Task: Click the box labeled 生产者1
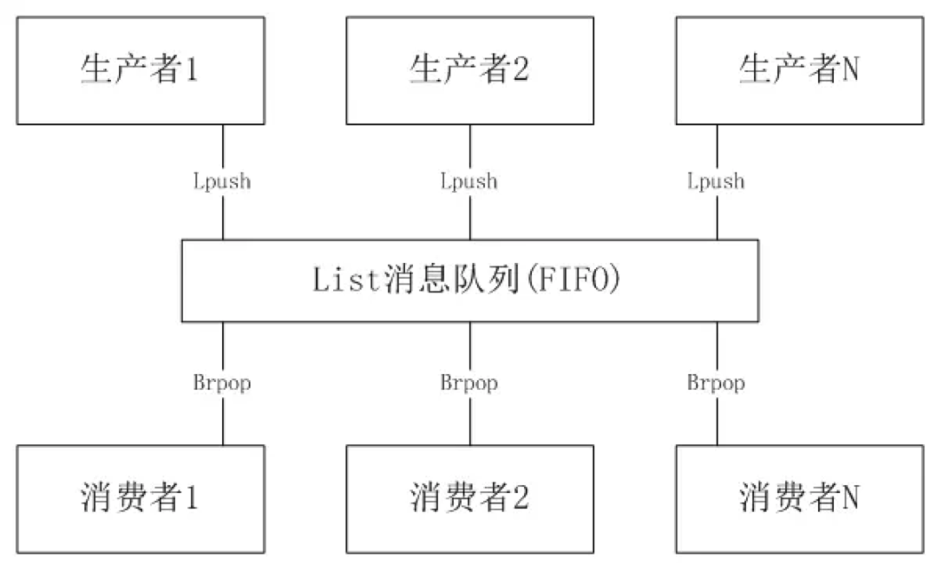pos(140,70)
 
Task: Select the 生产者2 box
pos(469,70)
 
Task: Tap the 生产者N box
pos(799,70)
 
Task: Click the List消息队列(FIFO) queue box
pos(469,280)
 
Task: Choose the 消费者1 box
pos(140,499)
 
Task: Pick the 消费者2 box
pos(469,499)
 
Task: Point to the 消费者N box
pos(799,499)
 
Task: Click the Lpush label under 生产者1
pos(222,181)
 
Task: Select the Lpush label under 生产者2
pos(469,181)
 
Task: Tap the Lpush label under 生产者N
pos(716,181)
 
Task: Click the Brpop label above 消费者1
pos(222,382)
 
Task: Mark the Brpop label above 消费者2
pos(469,382)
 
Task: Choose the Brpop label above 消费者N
pos(716,382)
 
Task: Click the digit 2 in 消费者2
pos(521,498)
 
